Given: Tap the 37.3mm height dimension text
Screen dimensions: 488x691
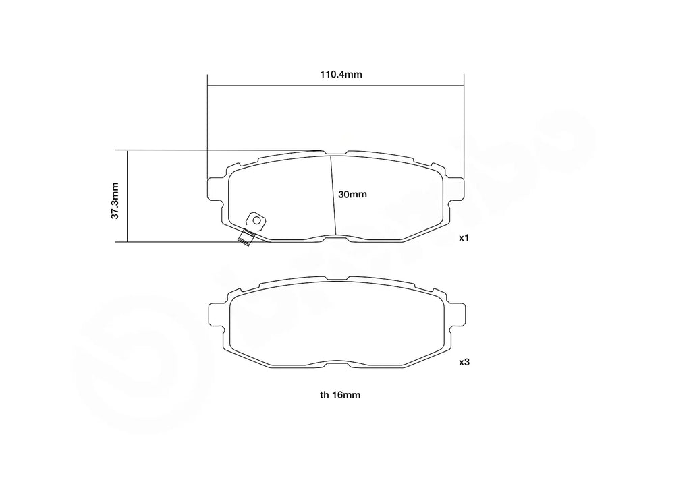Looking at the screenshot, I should point(115,200).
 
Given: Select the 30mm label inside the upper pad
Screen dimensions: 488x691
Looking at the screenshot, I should point(352,195).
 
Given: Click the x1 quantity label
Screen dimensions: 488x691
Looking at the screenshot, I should point(464,239).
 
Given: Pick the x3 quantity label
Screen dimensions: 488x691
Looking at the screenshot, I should point(464,363).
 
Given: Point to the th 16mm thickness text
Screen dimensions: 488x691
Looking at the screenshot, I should point(340,396).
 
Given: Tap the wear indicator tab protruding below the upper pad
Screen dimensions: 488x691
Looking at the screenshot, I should point(246,237).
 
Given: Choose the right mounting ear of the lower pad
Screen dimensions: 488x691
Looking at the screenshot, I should point(457,314).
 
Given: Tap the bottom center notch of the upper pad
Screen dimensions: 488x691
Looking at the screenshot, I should point(335,237).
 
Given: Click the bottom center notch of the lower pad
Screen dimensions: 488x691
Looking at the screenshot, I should point(335,361).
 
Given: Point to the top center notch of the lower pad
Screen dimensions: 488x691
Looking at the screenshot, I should point(335,277).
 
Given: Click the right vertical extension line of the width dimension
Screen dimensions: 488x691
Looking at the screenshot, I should point(464,128).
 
